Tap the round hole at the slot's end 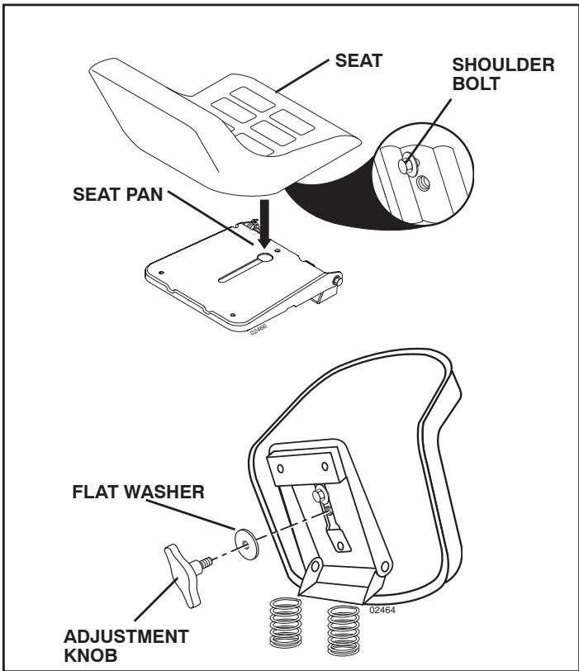coord(266,259)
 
